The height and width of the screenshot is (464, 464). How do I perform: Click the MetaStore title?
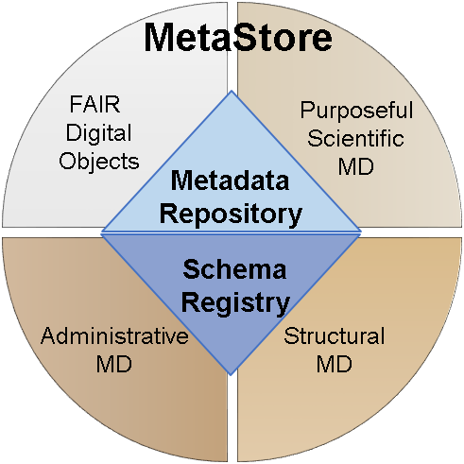click(x=238, y=37)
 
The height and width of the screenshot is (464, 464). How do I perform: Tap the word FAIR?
click(x=95, y=104)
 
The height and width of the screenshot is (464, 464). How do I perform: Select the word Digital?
click(x=98, y=134)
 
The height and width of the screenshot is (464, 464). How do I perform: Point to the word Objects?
click(x=99, y=162)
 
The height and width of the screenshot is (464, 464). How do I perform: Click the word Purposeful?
click(x=356, y=111)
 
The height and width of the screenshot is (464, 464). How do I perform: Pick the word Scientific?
click(x=356, y=138)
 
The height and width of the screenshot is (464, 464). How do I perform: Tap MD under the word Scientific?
click(x=356, y=166)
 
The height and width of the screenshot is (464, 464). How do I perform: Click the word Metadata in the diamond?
click(x=230, y=180)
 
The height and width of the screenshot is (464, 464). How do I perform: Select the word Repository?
click(x=231, y=215)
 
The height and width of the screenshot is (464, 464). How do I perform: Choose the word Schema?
click(x=234, y=269)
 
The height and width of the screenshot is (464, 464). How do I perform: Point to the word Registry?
click(x=235, y=302)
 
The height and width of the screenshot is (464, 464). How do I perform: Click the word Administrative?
click(x=114, y=335)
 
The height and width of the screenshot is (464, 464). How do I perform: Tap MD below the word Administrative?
click(x=114, y=364)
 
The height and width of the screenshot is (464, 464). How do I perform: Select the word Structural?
click(x=335, y=335)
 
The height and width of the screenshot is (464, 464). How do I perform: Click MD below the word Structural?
click(x=334, y=364)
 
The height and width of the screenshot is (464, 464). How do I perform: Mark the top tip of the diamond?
click(x=232, y=91)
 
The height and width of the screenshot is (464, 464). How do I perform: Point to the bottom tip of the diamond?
click(x=231, y=375)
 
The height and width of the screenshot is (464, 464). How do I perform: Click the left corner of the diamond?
click(x=101, y=233)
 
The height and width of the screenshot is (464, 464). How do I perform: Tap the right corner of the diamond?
click(x=360, y=232)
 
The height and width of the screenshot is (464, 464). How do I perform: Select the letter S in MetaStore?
click(x=243, y=37)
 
